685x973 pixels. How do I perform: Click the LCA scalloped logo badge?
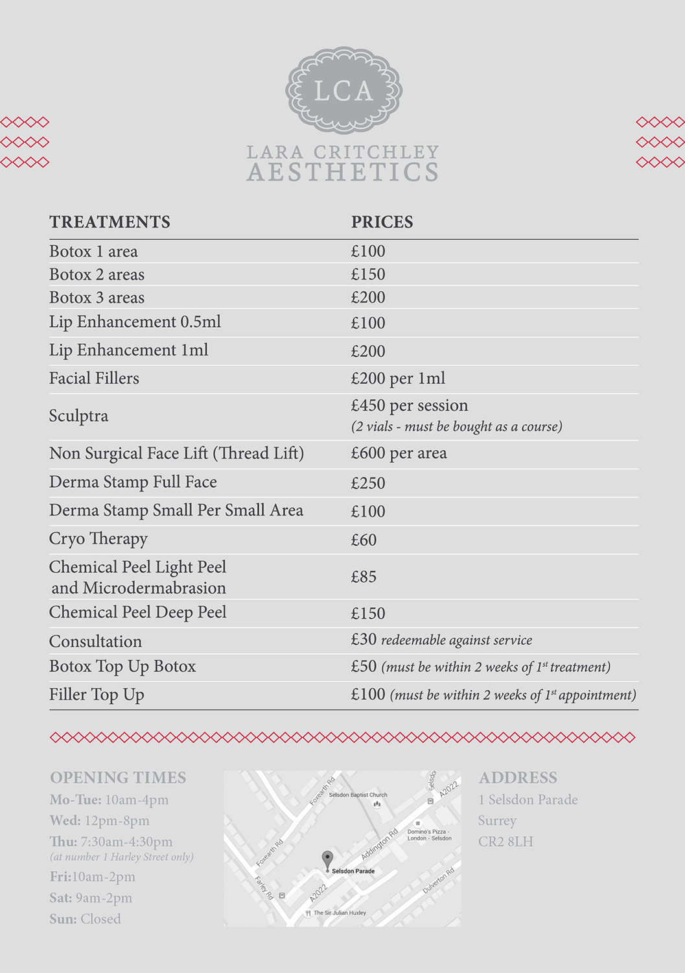click(343, 91)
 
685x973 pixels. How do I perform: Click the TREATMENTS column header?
click(110, 222)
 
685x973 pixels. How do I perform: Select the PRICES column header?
click(382, 222)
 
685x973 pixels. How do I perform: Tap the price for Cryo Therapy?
click(364, 540)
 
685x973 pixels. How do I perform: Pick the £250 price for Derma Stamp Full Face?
click(368, 483)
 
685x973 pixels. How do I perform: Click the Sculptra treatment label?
click(78, 416)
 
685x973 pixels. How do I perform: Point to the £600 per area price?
click(399, 453)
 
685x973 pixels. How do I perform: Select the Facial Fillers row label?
click(94, 378)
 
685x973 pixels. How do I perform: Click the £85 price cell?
click(364, 577)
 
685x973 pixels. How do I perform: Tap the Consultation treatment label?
click(95, 642)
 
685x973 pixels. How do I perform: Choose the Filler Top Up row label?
click(97, 695)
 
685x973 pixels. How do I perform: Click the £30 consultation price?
click(364, 640)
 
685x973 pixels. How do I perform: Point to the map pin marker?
click(327, 859)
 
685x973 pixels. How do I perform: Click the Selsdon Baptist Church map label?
click(358, 795)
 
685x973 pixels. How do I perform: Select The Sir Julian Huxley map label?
click(340, 913)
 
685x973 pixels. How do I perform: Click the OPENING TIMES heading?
click(118, 778)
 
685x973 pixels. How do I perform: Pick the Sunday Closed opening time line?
click(85, 919)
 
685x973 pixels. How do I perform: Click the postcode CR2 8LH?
click(505, 842)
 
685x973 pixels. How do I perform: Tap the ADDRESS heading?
click(518, 778)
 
